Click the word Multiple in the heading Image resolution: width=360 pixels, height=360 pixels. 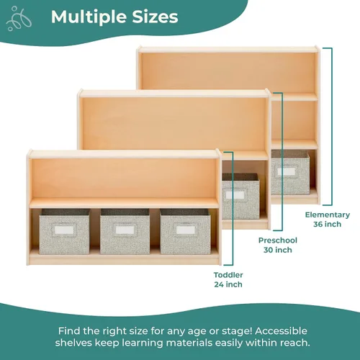pyautogui.click(x=89, y=17)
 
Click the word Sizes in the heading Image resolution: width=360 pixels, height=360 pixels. pyautogui.click(x=155, y=17)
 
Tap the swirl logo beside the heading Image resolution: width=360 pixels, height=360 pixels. pyautogui.click(x=19, y=19)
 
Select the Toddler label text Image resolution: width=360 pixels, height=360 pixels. pyautogui.click(x=228, y=275)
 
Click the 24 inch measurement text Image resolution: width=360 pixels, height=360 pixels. pyautogui.click(x=228, y=284)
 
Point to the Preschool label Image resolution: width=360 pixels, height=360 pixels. pyautogui.click(x=278, y=240)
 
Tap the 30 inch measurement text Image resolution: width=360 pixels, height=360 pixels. pyautogui.click(x=278, y=250)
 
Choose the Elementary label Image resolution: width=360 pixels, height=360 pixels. pyautogui.click(x=328, y=215)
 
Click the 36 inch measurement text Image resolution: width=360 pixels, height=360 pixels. pyautogui.click(x=328, y=224)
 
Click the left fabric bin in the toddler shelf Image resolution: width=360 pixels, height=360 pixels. pyautogui.click(x=65, y=231)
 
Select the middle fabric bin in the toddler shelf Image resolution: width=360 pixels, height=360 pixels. pyautogui.click(x=125, y=231)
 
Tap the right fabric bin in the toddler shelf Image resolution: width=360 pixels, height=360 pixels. pyautogui.click(x=185, y=231)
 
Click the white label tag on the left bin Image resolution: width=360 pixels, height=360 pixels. pyautogui.click(x=64, y=230)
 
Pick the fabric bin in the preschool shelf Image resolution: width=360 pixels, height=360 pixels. pyautogui.click(x=240, y=197)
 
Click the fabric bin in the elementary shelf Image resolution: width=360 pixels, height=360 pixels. pyautogui.click(x=290, y=172)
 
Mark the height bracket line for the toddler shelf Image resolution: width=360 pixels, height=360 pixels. pyautogui.click(x=233, y=209)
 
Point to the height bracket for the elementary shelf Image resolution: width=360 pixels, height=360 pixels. pyautogui.click(x=332, y=127)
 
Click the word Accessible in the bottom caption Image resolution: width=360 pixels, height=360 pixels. pyautogui.click(x=281, y=331)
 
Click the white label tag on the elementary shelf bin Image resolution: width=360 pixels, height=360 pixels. pyautogui.click(x=287, y=171)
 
